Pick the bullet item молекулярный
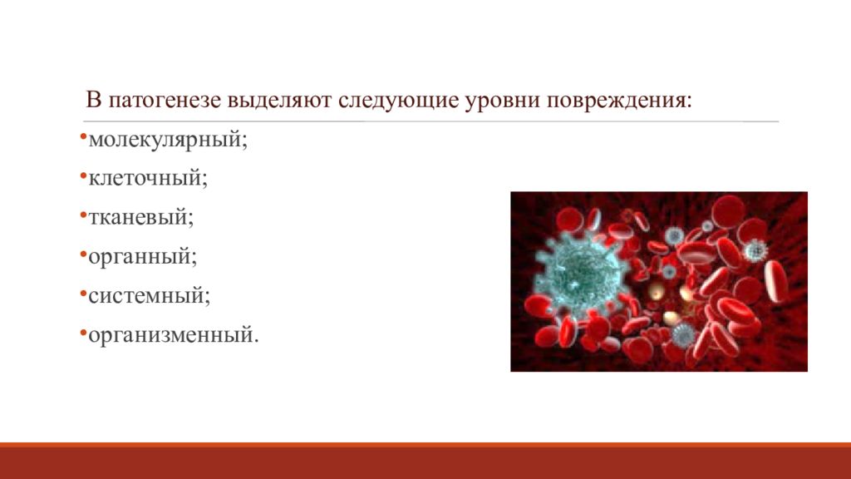169,139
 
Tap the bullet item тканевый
142,217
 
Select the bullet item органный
143,257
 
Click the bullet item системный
150,296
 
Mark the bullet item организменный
174,336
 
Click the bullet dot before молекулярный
84,136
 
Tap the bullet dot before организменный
84,333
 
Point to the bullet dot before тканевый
84,214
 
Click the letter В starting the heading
93,101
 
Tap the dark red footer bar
425,462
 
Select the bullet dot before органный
84,254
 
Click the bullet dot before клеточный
84,175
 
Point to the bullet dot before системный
84,293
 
